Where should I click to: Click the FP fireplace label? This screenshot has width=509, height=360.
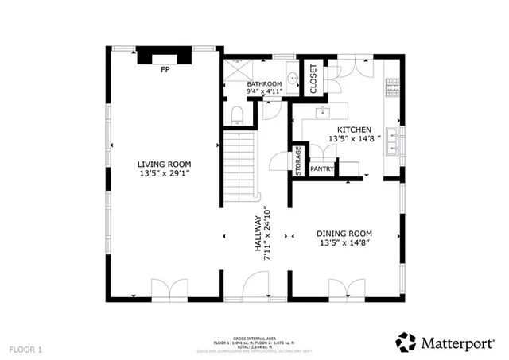coord(165,71)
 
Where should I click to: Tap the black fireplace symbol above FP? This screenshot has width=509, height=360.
coord(165,57)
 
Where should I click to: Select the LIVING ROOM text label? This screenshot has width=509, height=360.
coord(163,164)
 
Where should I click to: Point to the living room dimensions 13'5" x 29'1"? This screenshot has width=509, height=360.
coord(163,172)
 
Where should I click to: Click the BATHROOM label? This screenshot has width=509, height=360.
coord(264,83)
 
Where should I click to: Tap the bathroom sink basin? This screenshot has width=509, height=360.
coord(292,79)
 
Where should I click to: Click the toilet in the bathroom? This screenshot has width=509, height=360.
coord(237,116)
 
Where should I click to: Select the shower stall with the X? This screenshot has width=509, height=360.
coord(236,71)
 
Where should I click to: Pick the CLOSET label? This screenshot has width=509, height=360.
coord(312,78)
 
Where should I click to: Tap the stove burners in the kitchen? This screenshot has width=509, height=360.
coord(391,87)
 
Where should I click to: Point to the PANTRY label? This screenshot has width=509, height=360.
coord(321,168)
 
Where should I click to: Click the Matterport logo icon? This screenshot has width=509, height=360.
coord(406,342)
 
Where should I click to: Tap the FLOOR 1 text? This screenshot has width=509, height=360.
coord(26,349)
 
